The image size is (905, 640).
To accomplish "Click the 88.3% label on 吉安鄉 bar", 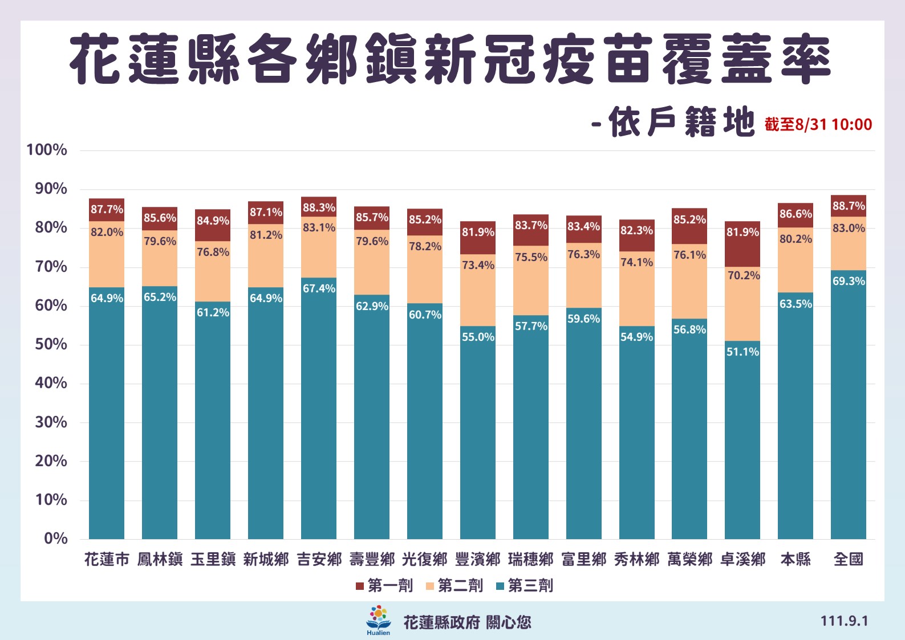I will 319,208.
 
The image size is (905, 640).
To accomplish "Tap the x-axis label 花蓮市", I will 107,559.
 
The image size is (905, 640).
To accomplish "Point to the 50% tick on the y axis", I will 51,344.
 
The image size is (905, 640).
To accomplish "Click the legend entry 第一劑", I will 384,585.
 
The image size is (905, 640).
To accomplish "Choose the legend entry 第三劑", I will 524,585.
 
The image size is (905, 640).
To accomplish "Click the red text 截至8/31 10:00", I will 818,124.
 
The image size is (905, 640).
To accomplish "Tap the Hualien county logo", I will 378,620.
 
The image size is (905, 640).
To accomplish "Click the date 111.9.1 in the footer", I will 844,621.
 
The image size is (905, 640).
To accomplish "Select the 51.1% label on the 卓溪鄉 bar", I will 742,352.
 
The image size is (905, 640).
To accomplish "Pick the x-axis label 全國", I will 848,559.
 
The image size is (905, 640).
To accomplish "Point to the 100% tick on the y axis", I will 47,150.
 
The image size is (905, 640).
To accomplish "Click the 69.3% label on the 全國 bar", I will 849,281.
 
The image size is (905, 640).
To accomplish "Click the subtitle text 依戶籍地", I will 681,122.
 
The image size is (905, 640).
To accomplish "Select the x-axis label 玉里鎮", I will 213,559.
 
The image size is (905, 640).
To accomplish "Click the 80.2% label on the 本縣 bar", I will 796,239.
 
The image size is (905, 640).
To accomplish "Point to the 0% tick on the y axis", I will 55,538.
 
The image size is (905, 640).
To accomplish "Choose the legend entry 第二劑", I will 454,585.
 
